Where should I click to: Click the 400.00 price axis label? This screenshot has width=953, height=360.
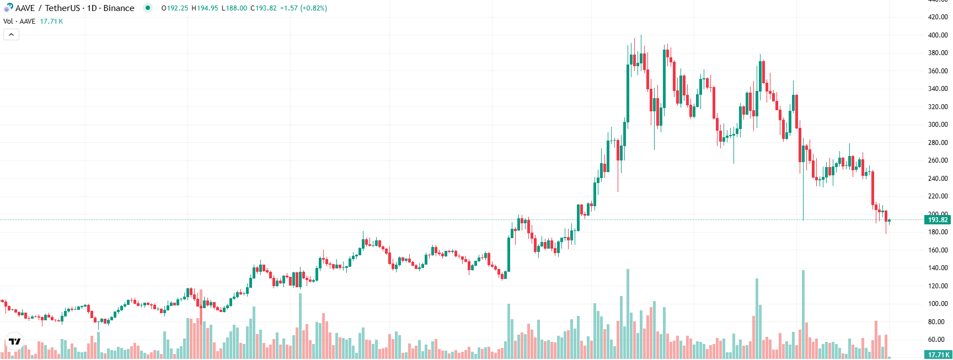(938, 35)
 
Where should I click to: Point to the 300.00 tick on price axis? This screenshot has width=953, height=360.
(938, 125)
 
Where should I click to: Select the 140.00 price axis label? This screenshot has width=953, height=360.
(938, 268)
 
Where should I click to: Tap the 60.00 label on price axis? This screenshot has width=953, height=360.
(938, 340)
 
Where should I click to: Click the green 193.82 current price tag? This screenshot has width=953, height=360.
(937, 220)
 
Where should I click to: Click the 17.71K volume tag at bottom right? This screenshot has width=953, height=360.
(937, 355)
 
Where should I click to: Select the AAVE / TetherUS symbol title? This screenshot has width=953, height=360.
(74, 8)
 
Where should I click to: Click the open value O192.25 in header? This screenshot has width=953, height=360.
(175, 8)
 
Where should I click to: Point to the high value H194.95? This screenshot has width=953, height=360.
(205, 8)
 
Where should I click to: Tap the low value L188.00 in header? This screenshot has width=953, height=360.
(234, 8)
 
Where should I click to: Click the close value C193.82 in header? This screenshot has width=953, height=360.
(264, 8)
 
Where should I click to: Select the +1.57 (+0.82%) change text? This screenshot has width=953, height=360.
(303, 8)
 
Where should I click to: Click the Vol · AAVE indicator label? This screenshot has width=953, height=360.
(19, 22)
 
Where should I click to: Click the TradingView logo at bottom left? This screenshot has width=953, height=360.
(15, 342)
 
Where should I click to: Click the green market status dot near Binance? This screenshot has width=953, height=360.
(147, 8)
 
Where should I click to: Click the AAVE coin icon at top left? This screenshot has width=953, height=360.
(8, 8)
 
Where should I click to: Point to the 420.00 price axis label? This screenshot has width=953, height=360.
(938, 17)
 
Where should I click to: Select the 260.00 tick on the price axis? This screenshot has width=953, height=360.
(938, 160)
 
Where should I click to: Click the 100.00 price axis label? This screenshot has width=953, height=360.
(938, 304)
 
